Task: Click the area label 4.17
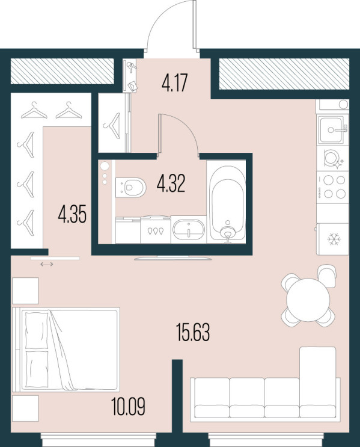click(174, 82)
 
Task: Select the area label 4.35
click(72, 214)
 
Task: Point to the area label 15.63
click(193, 332)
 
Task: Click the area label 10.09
click(128, 407)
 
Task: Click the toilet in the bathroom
click(131, 187)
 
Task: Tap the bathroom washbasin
click(189, 230)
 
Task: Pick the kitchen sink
click(333, 130)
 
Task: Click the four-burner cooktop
click(333, 187)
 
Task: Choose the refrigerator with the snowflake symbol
click(333, 239)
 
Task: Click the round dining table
click(308, 300)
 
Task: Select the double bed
click(66, 350)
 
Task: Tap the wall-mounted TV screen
click(172, 258)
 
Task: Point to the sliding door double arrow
click(47, 264)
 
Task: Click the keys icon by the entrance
click(131, 67)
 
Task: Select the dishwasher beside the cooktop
click(333, 158)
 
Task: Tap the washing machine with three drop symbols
click(156, 230)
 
